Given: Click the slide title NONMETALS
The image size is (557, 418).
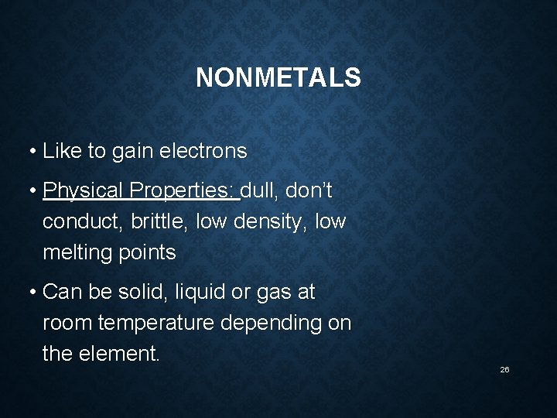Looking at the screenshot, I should coord(278,77).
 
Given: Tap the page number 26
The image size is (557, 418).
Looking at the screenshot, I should coord(504,370).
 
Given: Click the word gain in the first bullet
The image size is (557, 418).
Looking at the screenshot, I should coord(132,152).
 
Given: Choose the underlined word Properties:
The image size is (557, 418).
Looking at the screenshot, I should coord(183,190).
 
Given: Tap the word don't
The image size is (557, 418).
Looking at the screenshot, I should coord(309,190).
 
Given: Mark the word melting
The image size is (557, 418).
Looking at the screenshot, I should coord(75,253).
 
